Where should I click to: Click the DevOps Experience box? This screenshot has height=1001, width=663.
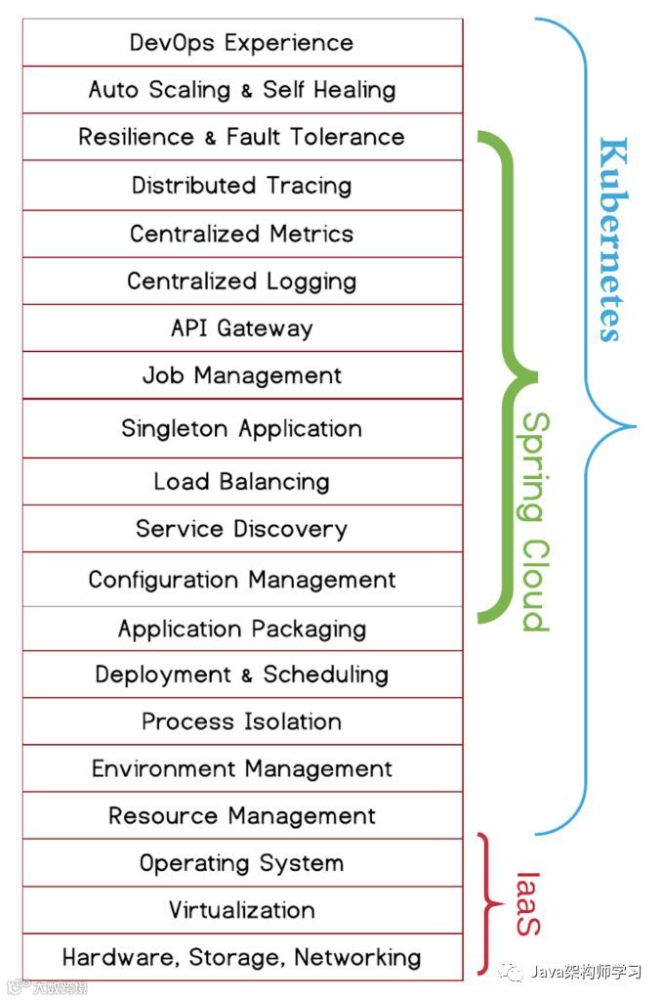pos(241,43)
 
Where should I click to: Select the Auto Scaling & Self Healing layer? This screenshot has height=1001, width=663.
pos(241,90)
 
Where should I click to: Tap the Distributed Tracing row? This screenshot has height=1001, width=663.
pos(241,185)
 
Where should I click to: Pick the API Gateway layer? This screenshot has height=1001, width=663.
pos(241,328)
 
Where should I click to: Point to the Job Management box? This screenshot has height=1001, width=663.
pos(241,375)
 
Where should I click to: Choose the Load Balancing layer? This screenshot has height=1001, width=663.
pos(241,481)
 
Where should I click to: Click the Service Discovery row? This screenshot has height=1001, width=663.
pos(241,529)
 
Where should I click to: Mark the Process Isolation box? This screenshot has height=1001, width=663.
pos(241,721)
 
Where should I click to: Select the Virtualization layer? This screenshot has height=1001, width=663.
pos(241,910)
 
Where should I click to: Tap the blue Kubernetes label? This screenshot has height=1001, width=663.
pos(610,239)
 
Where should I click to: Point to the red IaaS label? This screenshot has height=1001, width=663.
pos(526,903)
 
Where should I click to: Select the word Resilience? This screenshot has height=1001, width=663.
pos(136,137)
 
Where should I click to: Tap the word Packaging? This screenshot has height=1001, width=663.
pos(304,629)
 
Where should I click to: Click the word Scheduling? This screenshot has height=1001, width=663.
pos(325,675)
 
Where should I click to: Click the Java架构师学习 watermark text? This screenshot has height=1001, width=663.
pos(585,972)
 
